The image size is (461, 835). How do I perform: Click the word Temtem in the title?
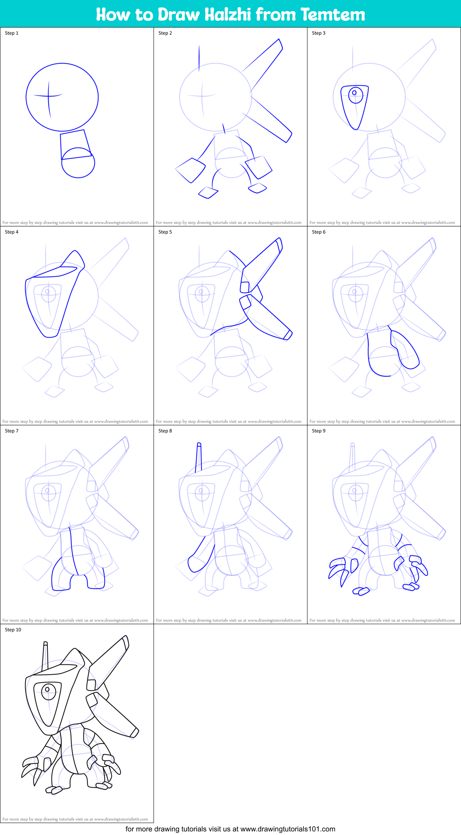[333, 14]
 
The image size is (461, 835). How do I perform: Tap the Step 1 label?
[12, 33]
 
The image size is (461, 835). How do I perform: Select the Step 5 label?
[165, 232]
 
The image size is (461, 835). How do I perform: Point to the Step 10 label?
[13, 630]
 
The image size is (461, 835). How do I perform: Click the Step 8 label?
[165, 431]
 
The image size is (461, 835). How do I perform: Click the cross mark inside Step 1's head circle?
[49, 96]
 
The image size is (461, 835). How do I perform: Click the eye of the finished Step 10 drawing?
[48, 690]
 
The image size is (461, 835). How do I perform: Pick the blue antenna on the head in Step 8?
[198, 458]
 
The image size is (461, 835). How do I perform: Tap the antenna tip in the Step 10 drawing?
[45, 643]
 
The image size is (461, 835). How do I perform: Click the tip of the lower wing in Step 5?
[288, 335]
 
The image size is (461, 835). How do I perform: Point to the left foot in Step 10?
[54, 789]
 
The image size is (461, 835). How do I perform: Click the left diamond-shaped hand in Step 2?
[190, 170]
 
